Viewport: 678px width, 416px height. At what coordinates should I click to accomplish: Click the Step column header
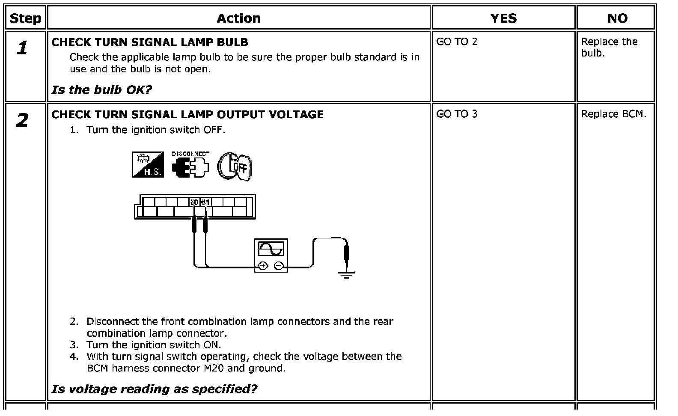click(x=25, y=18)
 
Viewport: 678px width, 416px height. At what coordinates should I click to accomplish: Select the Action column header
click(x=238, y=18)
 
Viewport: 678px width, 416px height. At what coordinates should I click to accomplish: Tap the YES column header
click(x=503, y=18)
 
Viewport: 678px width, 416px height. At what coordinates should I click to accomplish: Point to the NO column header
click(x=618, y=18)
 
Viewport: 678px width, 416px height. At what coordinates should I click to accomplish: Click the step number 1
click(x=22, y=48)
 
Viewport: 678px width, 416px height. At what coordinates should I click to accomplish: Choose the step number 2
click(x=22, y=120)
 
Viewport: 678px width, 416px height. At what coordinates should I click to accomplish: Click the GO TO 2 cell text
click(x=457, y=42)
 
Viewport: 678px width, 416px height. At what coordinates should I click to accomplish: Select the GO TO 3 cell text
click(x=457, y=114)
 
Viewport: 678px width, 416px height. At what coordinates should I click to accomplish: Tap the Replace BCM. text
click(x=614, y=114)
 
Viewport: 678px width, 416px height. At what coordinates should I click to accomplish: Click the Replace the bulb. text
click(x=609, y=47)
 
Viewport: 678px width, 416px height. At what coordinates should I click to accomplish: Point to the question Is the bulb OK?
click(x=102, y=89)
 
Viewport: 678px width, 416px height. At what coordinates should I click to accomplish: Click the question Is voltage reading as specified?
click(x=155, y=389)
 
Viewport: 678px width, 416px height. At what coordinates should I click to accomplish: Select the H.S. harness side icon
click(x=148, y=165)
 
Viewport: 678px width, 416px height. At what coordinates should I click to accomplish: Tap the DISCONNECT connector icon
click(x=190, y=164)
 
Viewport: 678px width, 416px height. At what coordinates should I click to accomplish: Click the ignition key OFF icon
click(x=234, y=166)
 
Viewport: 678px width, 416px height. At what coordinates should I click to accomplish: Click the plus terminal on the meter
click(x=263, y=266)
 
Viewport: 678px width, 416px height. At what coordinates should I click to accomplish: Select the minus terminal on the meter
click(x=279, y=266)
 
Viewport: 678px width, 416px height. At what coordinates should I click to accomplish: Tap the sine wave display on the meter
click(x=271, y=249)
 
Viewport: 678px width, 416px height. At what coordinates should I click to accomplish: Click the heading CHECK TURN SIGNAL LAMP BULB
click(x=150, y=42)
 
